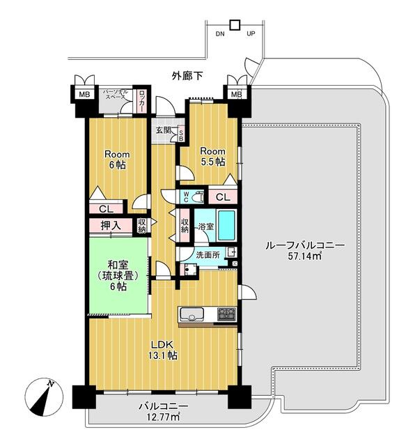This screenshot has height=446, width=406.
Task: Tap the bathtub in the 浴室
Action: [226, 226]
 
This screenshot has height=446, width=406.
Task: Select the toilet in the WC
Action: [198, 197]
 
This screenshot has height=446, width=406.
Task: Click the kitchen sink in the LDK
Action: [192, 314]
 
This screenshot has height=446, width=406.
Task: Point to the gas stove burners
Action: [226, 314]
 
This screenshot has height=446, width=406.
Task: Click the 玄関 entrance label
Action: [164, 130]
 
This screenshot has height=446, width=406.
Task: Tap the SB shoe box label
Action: [180, 134]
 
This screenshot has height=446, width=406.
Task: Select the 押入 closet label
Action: [111, 225]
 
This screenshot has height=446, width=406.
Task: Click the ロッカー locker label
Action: [141, 101]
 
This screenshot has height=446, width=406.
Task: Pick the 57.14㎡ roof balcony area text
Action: [305, 256]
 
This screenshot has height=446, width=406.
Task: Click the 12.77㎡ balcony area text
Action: [163, 417]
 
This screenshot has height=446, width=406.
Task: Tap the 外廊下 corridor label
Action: [187, 76]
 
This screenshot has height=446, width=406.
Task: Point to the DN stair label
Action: [220, 34]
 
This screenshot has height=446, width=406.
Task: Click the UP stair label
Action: [251, 33]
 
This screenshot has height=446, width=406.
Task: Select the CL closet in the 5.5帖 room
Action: [223, 197]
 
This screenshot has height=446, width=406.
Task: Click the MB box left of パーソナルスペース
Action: [84, 95]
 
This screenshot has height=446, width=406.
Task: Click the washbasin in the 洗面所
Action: [231, 252]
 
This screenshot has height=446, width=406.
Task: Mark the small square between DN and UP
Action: [235, 25]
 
